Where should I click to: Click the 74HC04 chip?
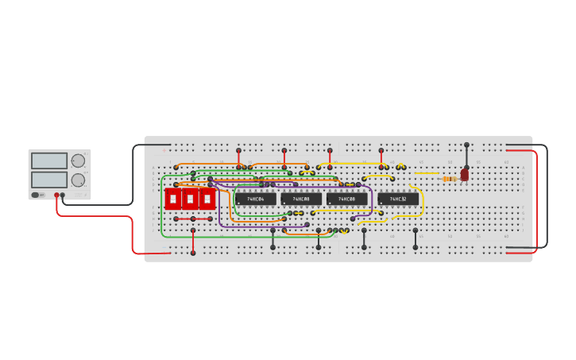click(x=255, y=199)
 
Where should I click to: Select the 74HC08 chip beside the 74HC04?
click(x=301, y=199)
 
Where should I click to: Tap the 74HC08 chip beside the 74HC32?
click(x=346, y=199)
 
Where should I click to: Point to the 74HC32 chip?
click(x=398, y=199)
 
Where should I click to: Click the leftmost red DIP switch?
click(x=172, y=199)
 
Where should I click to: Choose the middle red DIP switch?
click(x=190, y=199)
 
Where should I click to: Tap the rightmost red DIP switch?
click(x=207, y=199)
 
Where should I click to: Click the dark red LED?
click(x=465, y=174)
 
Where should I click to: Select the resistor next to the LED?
click(x=449, y=179)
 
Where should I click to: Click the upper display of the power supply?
click(x=49, y=161)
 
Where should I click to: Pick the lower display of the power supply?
click(x=49, y=180)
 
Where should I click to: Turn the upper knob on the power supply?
click(x=78, y=161)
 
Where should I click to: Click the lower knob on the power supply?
click(x=78, y=180)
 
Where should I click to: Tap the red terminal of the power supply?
click(x=56, y=195)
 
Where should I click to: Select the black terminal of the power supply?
click(x=63, y=195)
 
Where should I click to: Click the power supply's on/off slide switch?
click(x=36, y=195)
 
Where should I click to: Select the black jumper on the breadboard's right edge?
click(x=547, y=199)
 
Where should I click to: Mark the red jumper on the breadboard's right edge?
click(x=537, y=199)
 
